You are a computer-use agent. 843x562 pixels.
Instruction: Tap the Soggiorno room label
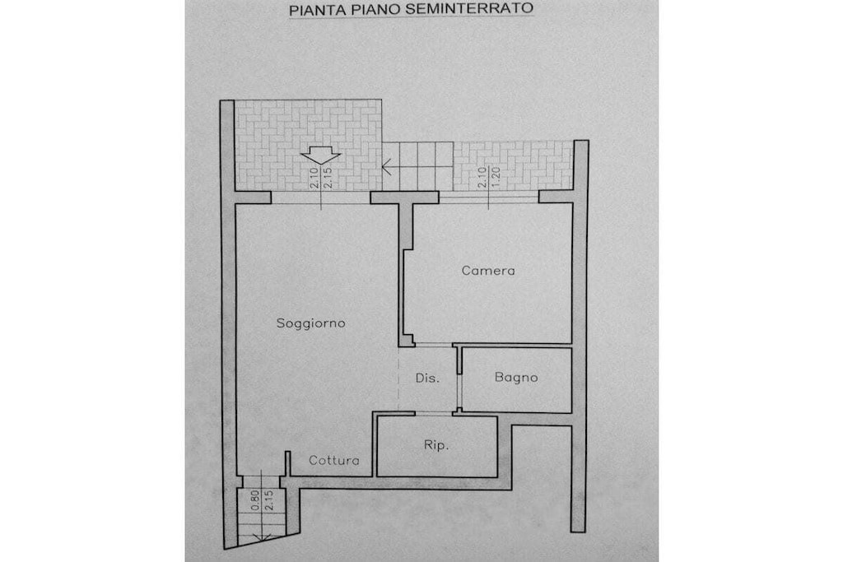pyautogui.click(x=310, y=323)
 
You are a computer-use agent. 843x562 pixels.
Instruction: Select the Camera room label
pyautogui.click(x=488, y=270)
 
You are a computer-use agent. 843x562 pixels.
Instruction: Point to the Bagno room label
pyautogui.click(x=516, y=377)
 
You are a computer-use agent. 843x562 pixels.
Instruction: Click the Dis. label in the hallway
pyautogui.click(x=427, y=378)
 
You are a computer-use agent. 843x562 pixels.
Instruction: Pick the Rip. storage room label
pyautogui.click(x=436, y=445)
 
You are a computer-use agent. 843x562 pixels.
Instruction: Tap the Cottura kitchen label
pyautogui.click(x=334, y=461)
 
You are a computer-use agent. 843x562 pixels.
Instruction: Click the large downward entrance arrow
pyautogui.click(x=320, y=156)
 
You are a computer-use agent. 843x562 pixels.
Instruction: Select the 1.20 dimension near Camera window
pyautogui.click(x=495, y=177)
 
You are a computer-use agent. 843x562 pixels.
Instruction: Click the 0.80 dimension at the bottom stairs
pyautogui.click(x=255, y=499)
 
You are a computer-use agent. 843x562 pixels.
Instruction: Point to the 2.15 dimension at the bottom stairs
pyautogui.click(x=269, y=499)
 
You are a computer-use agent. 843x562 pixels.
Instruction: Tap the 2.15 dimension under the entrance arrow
pyautogui.click(x=328, y=177)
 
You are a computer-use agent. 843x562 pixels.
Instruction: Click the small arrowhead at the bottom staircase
pyautogui.click(x=262, y=536)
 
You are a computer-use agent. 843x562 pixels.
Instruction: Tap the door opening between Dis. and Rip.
pyautogui.click(x=433, y=413)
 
